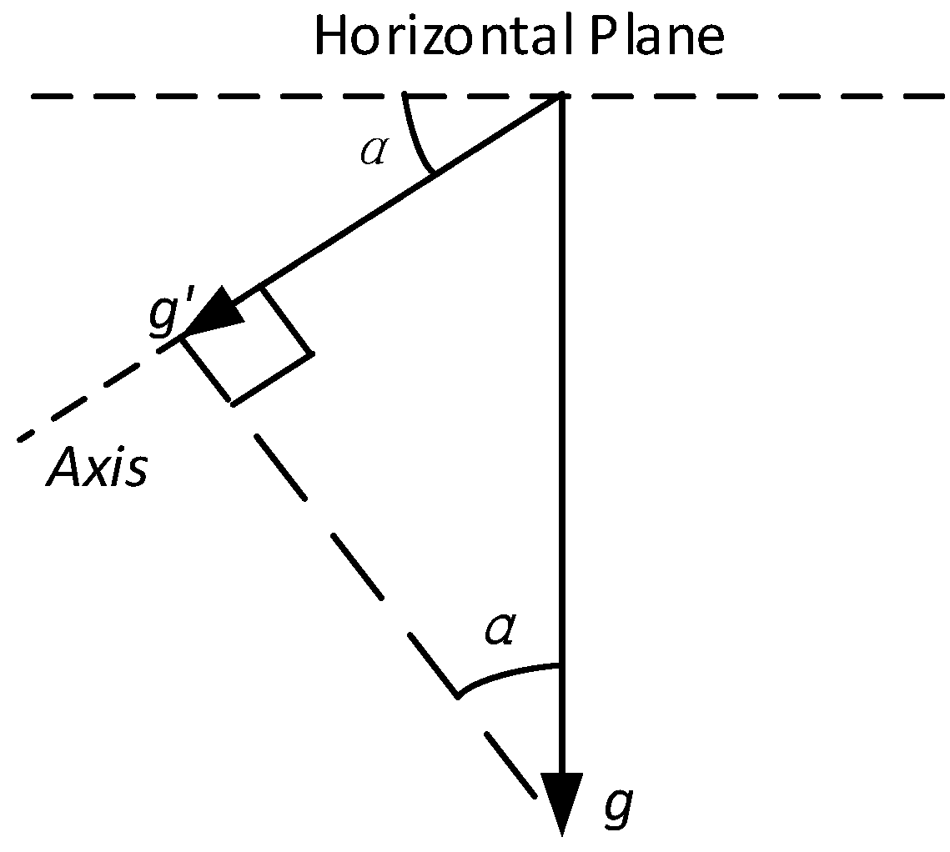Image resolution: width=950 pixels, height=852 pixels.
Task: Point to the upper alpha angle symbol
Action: [373, 153]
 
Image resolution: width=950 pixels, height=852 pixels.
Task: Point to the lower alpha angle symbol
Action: [500, 632]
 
